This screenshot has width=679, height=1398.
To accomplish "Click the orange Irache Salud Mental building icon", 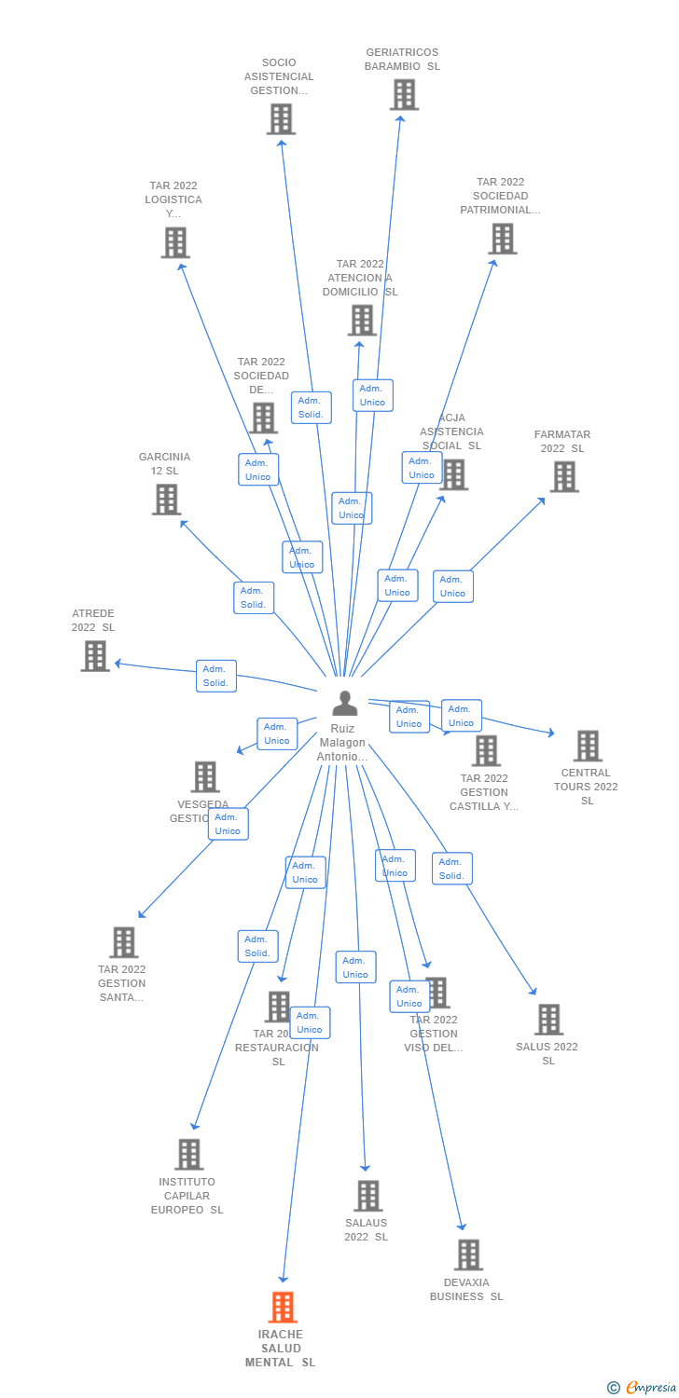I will [283, 1307].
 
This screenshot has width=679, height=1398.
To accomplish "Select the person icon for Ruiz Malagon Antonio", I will [344, 704].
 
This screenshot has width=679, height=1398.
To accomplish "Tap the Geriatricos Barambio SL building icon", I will [404, 94].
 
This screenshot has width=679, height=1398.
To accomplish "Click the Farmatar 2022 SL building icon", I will [563, 476].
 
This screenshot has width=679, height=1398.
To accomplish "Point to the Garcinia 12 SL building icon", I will [166, 499].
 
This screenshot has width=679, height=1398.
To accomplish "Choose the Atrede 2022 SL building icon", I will [95, 655].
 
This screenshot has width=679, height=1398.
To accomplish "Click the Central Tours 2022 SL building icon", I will [588, 746].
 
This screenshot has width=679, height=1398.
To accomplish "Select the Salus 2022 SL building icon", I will [548, 1020].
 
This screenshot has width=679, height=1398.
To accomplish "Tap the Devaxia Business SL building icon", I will [468, 1254].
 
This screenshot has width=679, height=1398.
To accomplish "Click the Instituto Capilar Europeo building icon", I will [188, 1154].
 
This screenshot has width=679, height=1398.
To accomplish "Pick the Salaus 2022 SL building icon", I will [367, 1195].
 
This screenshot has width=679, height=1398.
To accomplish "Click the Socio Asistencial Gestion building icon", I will [281, 118].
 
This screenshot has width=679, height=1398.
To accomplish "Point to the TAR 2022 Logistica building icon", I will [174, 242].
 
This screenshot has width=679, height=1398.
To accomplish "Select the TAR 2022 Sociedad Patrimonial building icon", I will [502, 239].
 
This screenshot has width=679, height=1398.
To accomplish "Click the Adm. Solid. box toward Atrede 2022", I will [216, 676].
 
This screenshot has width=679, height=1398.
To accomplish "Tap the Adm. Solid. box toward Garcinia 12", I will [254, 597].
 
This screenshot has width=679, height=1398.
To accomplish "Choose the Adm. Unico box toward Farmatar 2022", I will [453, 586].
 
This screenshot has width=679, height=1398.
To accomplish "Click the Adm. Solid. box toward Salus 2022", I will [452, 869].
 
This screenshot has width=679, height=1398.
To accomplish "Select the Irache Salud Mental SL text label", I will [281, 1348].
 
